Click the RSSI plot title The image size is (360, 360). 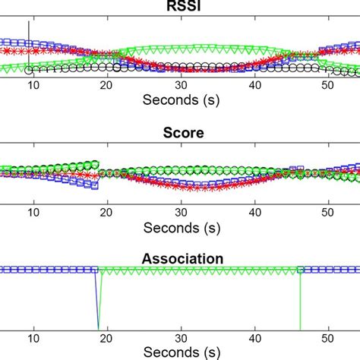click(180, 8)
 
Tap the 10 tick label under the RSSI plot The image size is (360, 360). click(33, 86)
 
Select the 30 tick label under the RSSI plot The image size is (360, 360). click(181, 86)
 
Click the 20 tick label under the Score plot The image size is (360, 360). click(107, 213)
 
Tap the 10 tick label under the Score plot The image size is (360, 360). click(33, 213)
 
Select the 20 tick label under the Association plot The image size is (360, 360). click(107, 339)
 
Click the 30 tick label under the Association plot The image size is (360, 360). click(181, 339)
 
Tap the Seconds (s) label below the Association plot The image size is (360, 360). click(180, 352)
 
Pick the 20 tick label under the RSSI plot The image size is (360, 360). click(107, 86)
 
